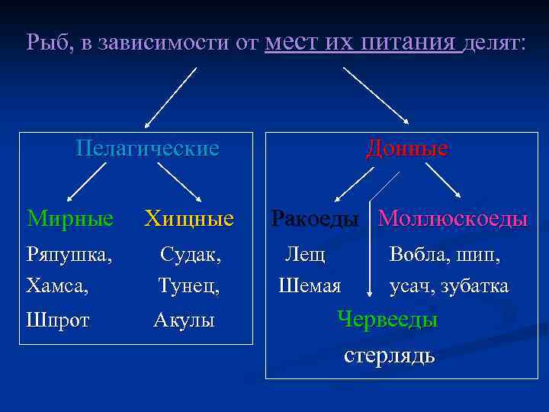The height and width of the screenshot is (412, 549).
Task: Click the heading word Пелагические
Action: (x=148, y=147)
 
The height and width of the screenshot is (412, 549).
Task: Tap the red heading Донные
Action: (x=406, y=147)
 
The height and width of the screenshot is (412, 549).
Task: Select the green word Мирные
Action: (x=70, y=219)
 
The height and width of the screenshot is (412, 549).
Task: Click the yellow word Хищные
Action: (x=189, y=220)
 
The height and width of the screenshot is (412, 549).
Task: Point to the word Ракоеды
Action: (x=315, y=219)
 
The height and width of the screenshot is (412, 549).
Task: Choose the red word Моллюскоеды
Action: (x=453, y=219)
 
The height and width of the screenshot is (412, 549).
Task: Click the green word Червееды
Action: (x=388, y=320)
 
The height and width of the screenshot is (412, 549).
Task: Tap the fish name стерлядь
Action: (x=390, y=355)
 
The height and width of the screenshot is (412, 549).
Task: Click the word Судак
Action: (x=191, y=255)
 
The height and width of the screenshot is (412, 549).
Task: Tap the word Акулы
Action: (x=184, y=320)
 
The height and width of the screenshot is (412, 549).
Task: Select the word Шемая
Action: (x=310, y=286)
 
